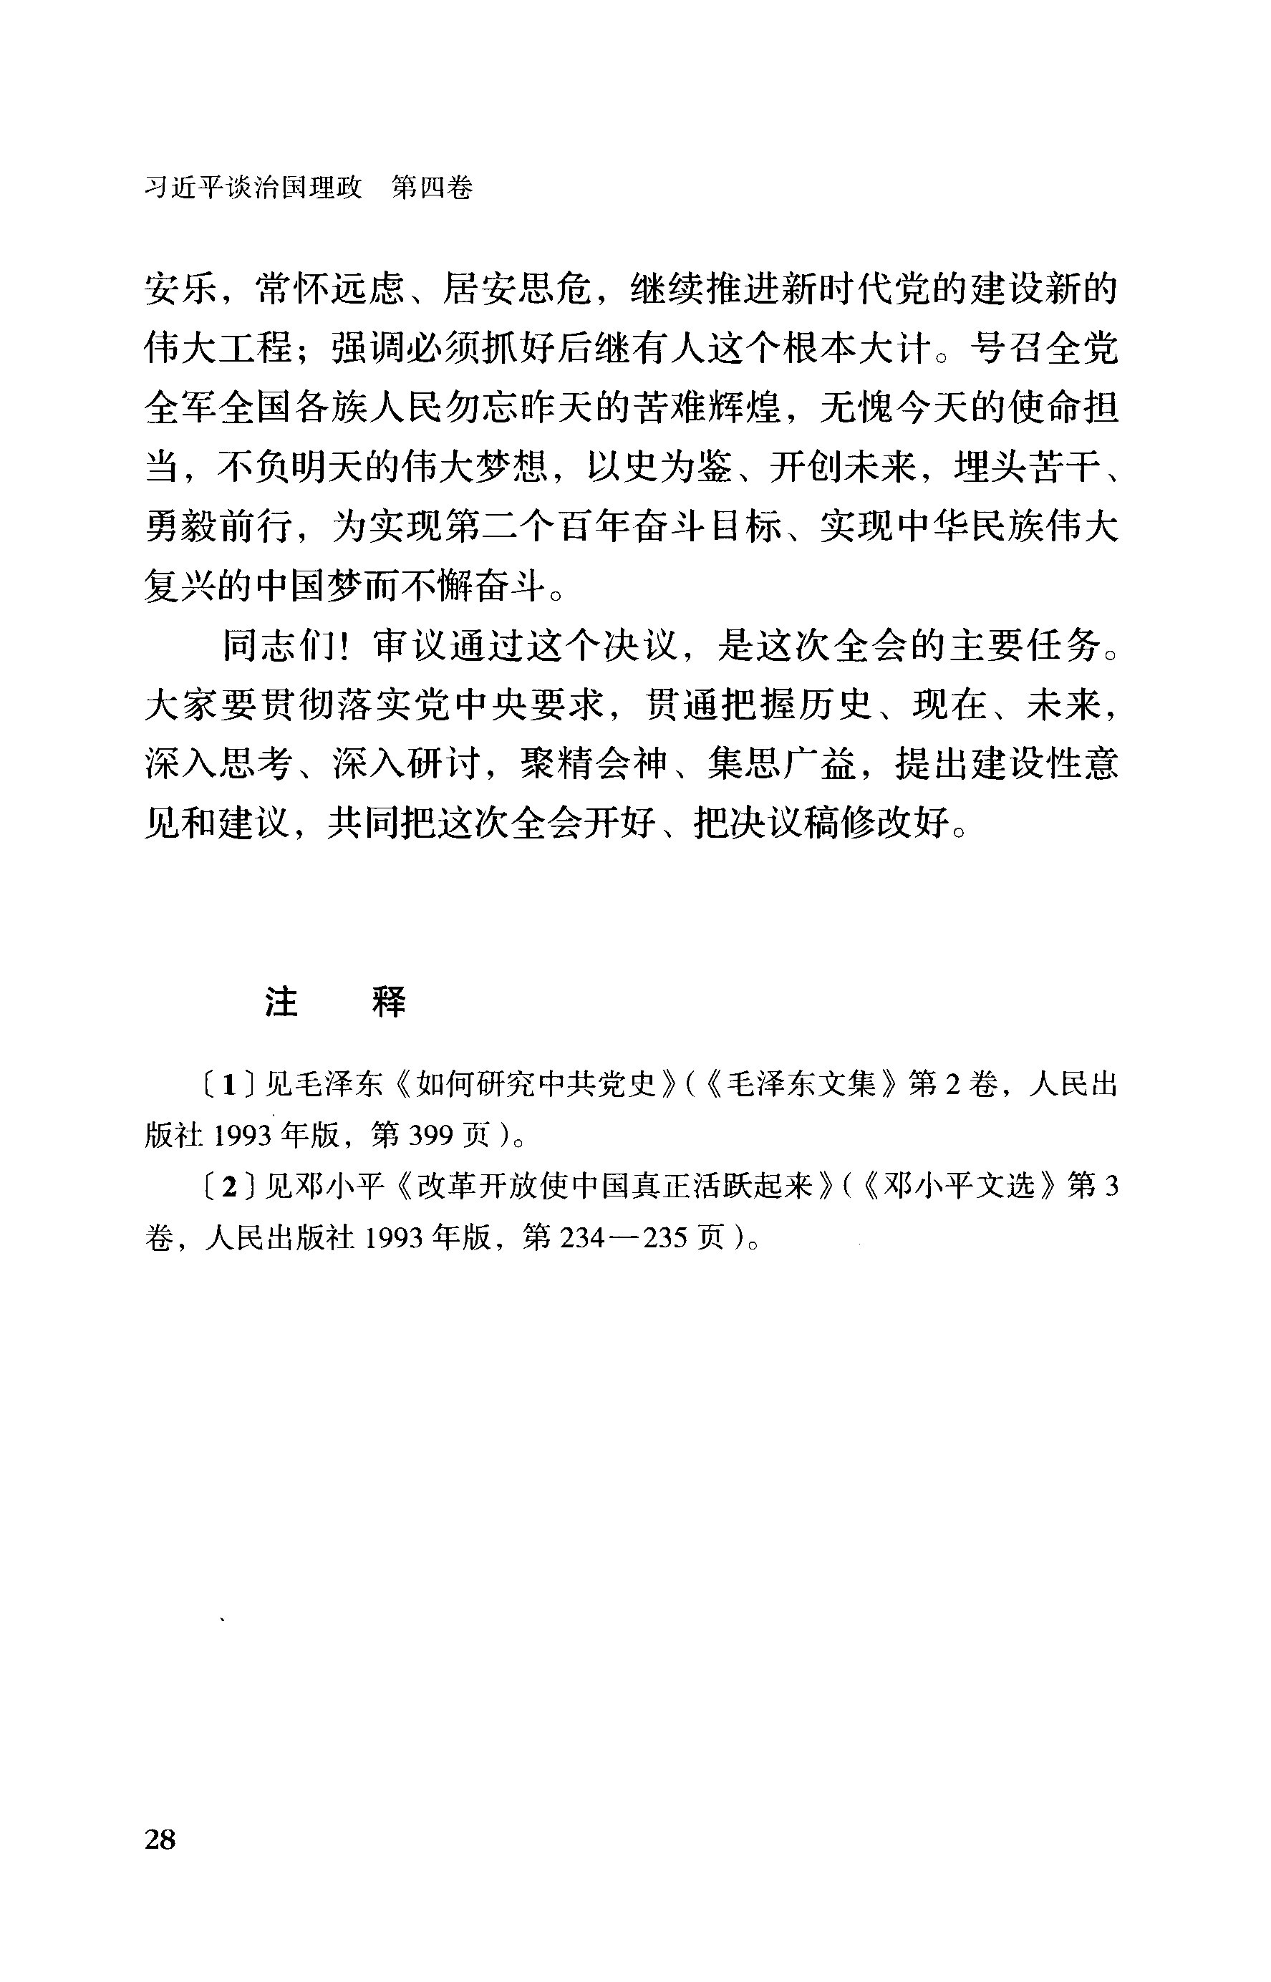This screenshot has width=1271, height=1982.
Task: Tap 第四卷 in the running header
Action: (432, 188)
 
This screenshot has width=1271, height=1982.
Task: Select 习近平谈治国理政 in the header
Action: (253, 188)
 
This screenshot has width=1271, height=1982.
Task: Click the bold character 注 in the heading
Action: (281, 1002)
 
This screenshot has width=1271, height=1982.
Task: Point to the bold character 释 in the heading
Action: (389, 1002)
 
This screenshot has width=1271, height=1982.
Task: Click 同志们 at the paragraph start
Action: (276, 646)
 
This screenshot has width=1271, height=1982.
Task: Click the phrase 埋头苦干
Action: (1028, 468)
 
